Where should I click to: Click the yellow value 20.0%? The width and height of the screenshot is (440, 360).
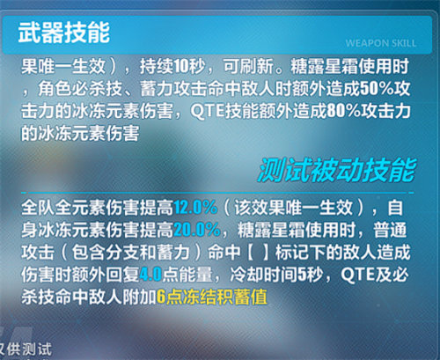[194, 228]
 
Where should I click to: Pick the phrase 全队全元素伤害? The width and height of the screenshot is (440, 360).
[75, 208]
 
